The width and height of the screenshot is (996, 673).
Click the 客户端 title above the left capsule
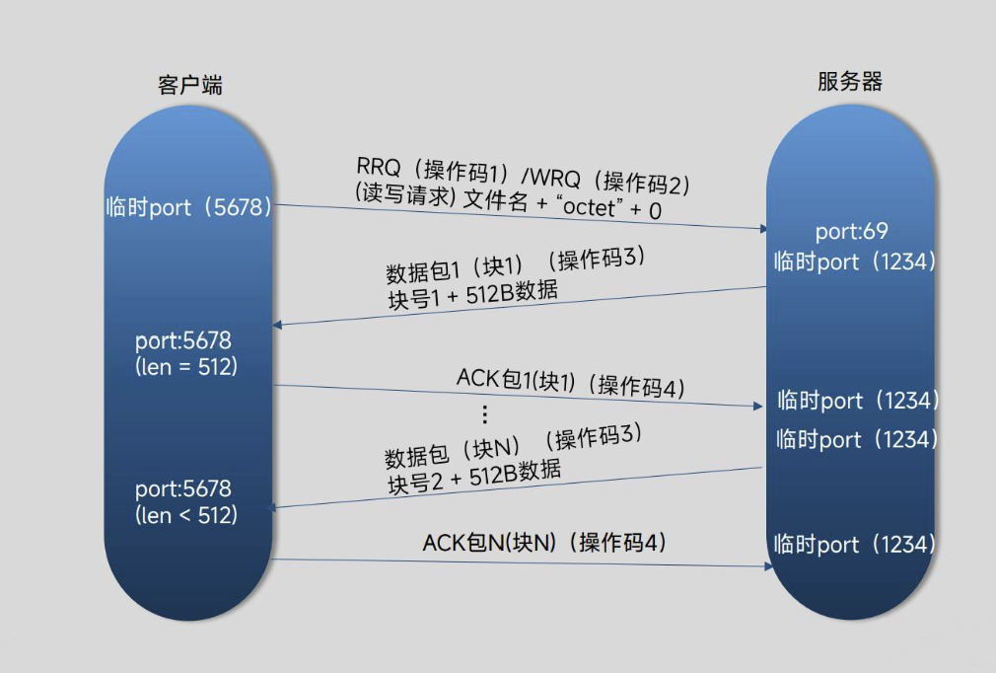pos(189,85)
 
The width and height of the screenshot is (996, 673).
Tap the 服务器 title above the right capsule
pos(849,82)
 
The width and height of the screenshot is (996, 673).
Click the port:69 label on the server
pos(852,232)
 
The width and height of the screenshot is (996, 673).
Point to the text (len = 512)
pos(186,366)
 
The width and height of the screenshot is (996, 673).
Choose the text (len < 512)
pos(186,514)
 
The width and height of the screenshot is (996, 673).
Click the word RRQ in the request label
pos(376,164)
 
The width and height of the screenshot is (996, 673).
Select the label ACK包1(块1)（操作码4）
pos(570,383)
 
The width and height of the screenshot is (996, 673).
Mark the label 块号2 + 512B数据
pos(474,476)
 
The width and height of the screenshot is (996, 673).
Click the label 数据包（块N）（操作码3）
pos(513,447)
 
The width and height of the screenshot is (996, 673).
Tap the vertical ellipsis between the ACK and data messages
pos(484,413)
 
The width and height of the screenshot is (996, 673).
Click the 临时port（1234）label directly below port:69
pos(854,262)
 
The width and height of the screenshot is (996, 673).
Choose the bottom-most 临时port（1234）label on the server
pos(854,544)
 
